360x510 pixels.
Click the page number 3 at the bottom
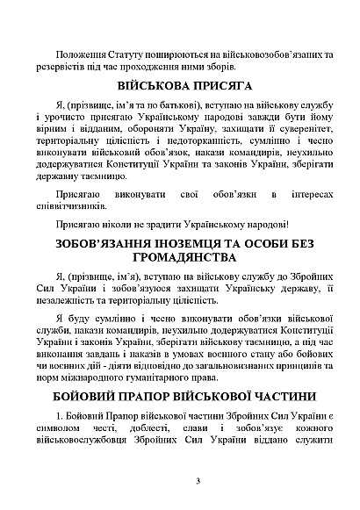pyautogui.click(x=198, y=479)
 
